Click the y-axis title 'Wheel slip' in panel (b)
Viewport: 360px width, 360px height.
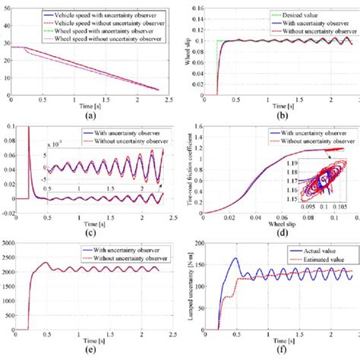coord(185,51)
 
